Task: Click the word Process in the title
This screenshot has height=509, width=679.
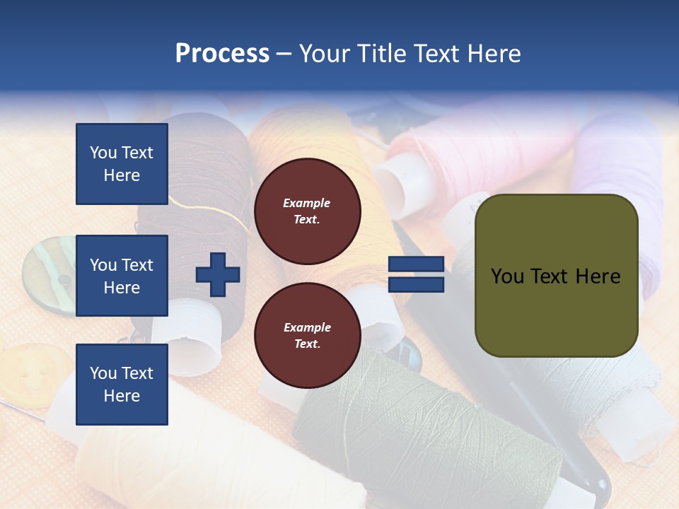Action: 222,54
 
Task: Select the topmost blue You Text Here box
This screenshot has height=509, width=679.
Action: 122,164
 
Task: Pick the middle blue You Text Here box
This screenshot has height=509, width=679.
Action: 122,276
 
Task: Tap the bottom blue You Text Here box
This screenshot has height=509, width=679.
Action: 122,384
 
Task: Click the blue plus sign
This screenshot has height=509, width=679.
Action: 218,274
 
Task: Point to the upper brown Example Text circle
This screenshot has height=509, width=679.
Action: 307,211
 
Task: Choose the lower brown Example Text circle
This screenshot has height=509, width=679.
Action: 307,336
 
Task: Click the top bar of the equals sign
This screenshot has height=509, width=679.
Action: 417,264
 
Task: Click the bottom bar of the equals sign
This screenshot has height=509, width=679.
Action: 417,285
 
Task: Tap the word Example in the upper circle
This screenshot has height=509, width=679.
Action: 307,203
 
